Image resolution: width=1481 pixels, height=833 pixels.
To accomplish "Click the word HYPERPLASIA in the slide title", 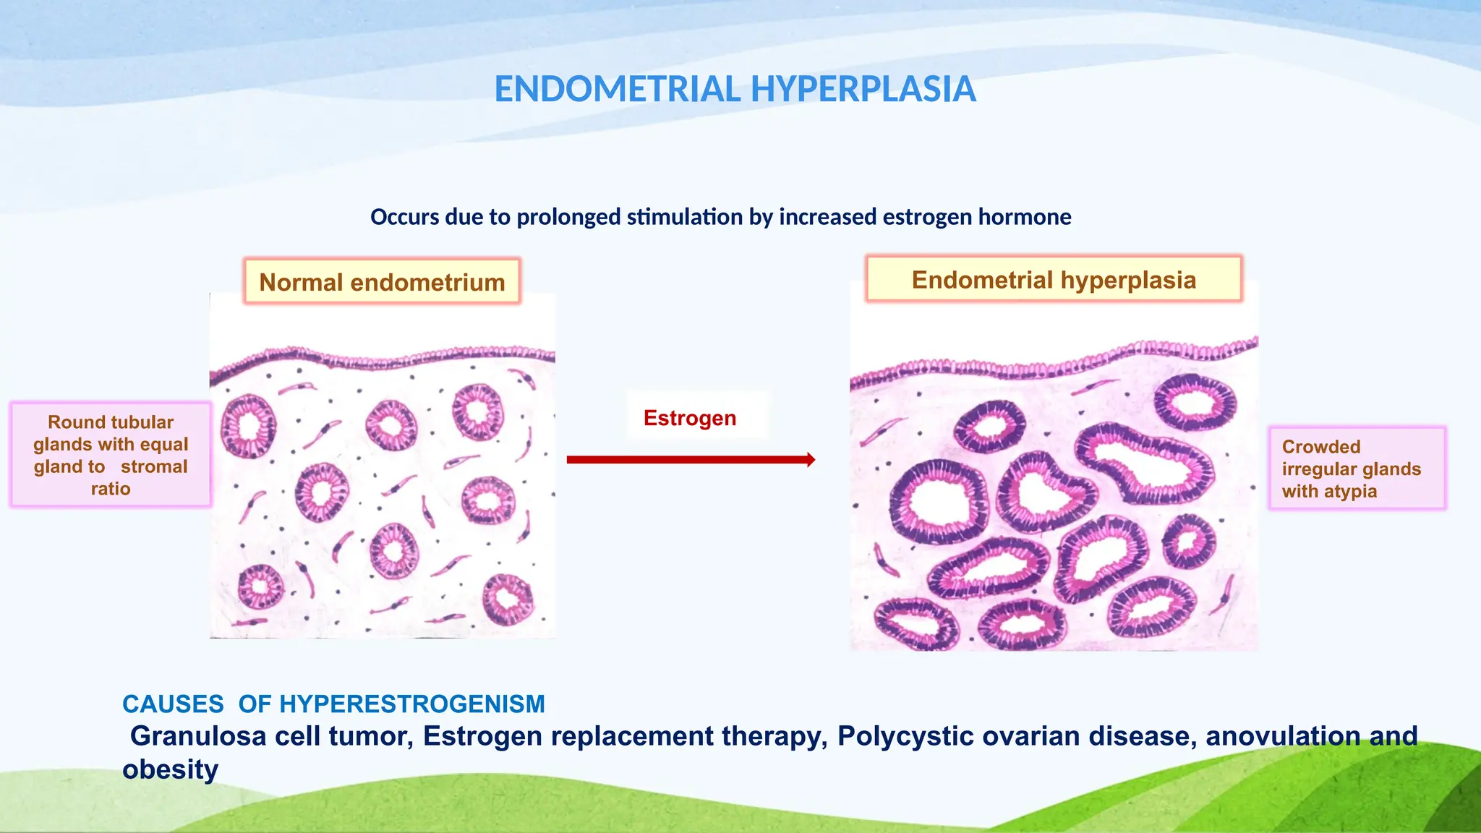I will (x=863, y=90).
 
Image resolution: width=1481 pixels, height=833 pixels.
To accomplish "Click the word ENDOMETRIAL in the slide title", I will (x=618, y=90).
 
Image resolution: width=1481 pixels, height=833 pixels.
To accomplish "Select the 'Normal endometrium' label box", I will (x=382, y=282).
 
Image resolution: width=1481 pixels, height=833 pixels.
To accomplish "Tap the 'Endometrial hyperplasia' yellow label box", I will (x=1054, y=280).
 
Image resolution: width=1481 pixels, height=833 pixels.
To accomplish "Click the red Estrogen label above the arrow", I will (x=690, y=418).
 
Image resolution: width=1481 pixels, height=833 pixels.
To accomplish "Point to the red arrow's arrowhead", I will (x=810, y=459).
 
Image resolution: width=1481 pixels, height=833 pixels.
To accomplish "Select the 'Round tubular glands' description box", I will (x=111, y=455).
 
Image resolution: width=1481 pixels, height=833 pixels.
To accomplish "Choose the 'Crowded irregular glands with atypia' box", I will (x=1357, y=469).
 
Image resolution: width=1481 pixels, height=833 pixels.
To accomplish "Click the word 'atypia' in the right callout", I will (x=1349, y=492).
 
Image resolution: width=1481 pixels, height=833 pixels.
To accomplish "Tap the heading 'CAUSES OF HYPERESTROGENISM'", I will (x=333, y=704).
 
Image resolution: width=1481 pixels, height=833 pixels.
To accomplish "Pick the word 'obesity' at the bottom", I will (x=170, y=769).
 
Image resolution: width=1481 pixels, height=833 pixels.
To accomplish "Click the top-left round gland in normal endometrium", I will (x=248, y=426).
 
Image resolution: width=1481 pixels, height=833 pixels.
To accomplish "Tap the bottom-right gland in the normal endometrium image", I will (x=508, y=599).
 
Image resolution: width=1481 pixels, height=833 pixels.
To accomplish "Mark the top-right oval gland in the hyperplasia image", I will (x=1195, y=402).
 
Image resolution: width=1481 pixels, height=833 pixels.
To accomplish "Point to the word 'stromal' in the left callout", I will (x=154, y=467).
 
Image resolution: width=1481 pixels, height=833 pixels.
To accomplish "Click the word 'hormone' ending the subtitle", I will (x=1025, y=217).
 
